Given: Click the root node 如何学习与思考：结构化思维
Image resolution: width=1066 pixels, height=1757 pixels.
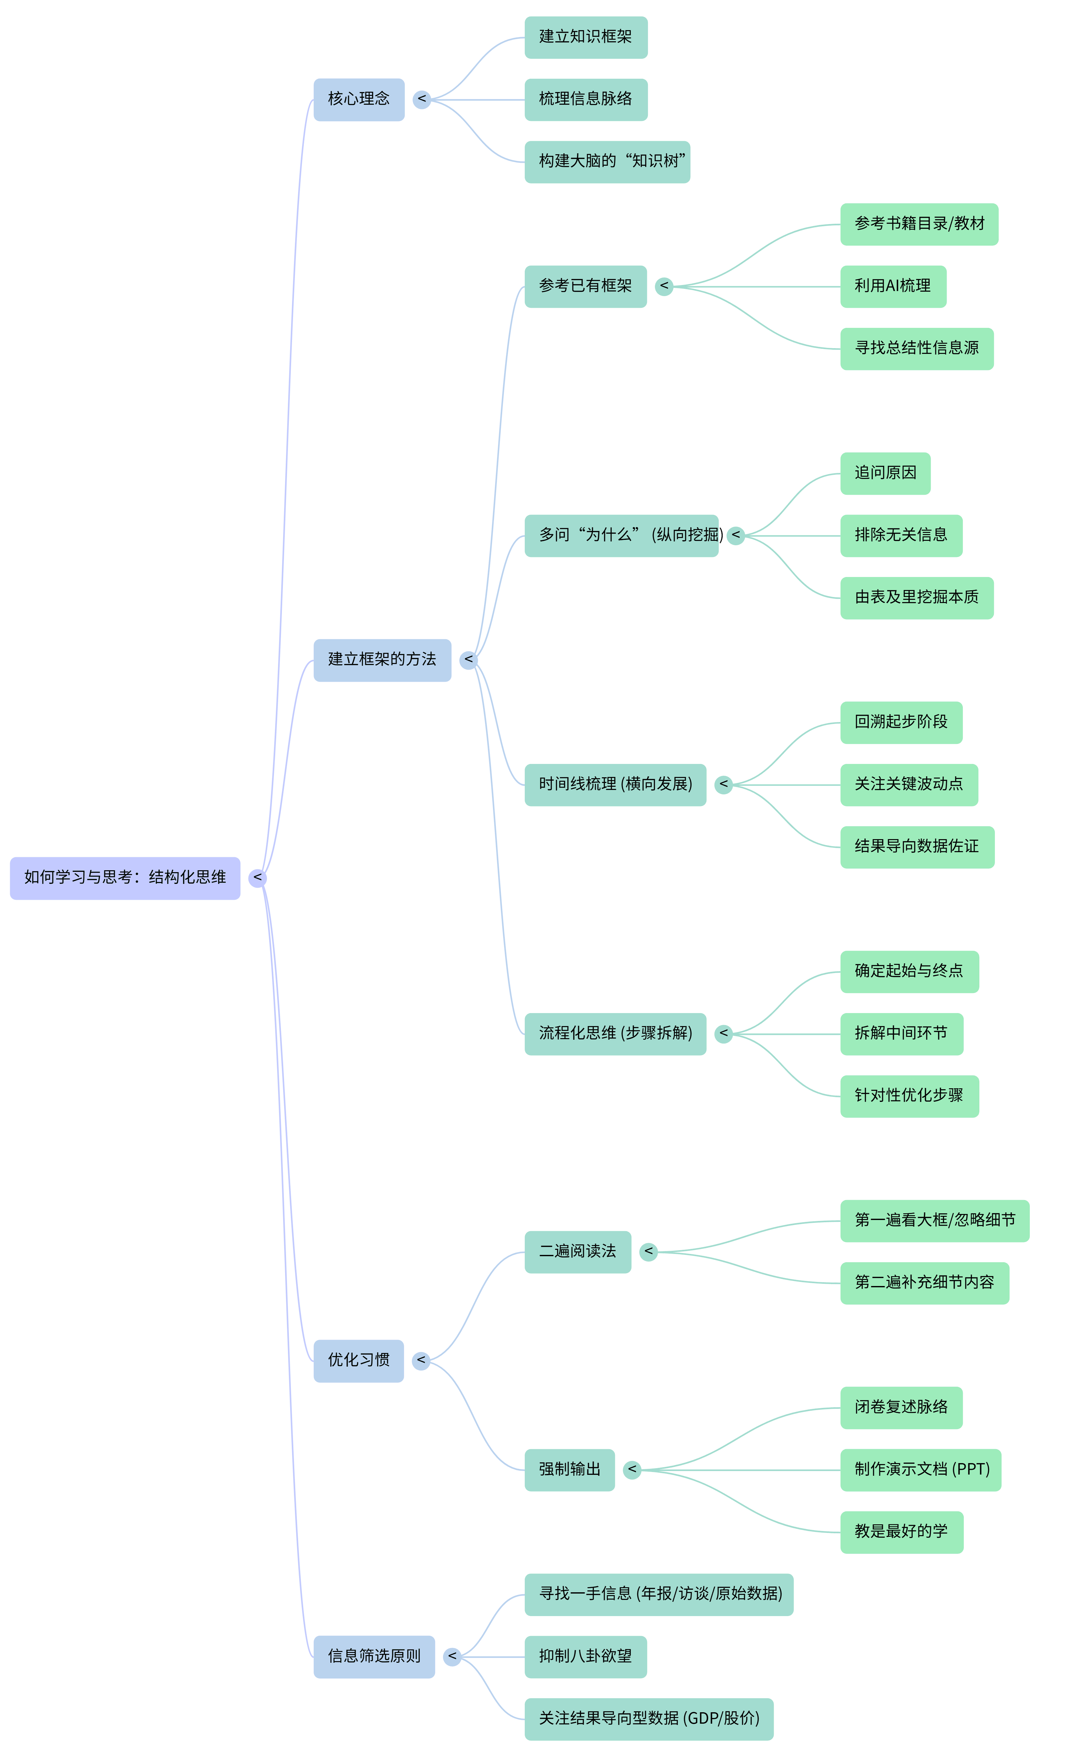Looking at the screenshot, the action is [x=125, y=878].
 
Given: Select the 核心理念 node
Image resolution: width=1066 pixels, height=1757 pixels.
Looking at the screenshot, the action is [x=359, y=99].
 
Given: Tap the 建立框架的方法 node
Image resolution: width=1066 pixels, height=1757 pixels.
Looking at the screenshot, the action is [x=382, y=660].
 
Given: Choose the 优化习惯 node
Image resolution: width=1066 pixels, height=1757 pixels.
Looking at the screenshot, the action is [x=359, y=1361].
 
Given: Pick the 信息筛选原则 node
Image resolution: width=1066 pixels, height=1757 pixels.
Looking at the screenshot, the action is [x=374, y=1656].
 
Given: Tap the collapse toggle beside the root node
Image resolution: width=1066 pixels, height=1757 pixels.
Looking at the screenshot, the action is [x=257, y=878].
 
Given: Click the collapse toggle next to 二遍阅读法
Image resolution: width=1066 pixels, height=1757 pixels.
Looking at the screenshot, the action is [x=648, y=1251].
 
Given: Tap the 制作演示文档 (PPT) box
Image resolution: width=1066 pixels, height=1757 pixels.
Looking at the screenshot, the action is [x=921, y=1470].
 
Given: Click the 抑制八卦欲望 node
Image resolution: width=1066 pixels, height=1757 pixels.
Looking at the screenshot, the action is [x=585, y=1656].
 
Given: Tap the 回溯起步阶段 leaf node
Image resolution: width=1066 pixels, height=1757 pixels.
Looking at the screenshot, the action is [x=901, y=722].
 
